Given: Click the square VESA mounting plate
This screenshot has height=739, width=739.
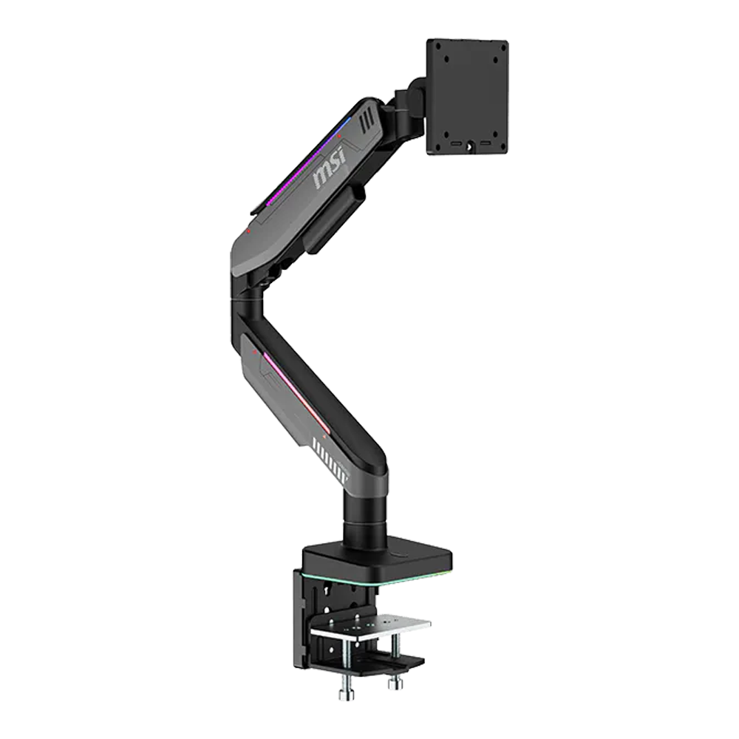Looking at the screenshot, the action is click(x=467, y=97).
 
